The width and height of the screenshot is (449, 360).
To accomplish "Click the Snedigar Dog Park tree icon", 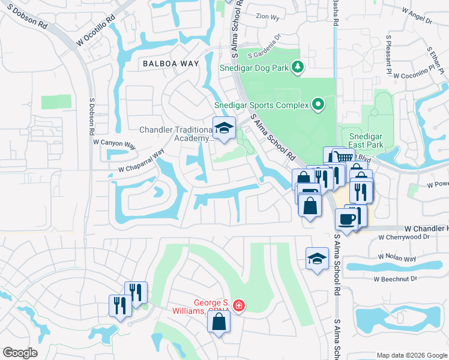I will tap(297, 67).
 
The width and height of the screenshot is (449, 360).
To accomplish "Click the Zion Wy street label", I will tap(267, 17).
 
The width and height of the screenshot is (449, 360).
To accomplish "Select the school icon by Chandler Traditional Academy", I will tap(224, 129).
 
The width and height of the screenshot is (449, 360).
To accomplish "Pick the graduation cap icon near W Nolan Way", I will tap(317, 258).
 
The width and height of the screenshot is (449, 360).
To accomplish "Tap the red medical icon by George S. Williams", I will tap(239, 307).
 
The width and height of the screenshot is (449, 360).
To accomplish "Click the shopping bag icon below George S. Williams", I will tap(219, 322).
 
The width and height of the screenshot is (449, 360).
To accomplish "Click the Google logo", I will tap(20, 353).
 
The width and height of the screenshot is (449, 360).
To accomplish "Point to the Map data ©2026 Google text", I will tap(411, 355).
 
